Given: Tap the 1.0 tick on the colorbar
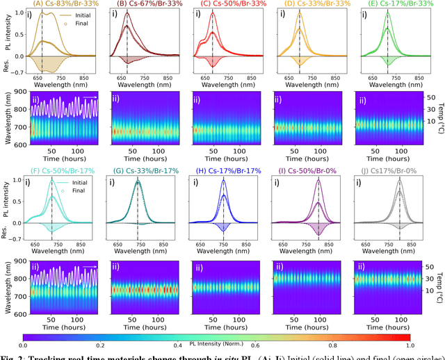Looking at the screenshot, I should pyautogui.click(x=410, y=345).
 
